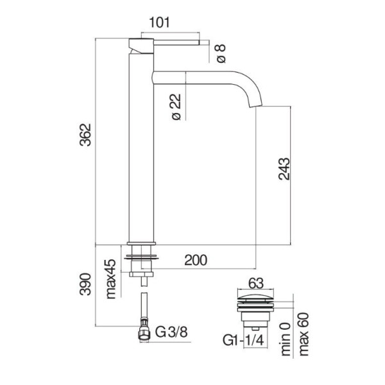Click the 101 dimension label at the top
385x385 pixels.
pyautogui.click(x=159, y=22)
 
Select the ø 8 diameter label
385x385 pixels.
pyautogui.click(x=221, y=54)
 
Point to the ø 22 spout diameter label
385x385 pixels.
pyautogui.click(x=176, y=107)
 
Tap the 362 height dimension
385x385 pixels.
pyautogui.click(x=85, y=135)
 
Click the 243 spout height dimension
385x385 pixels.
pyautogui.click(x=284, y=169)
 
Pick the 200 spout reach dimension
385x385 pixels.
pyautogui.click(x=196, y=261)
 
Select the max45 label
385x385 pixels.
pyautogui.click(x=111, y=279)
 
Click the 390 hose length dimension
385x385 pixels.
pyautogui.click(x=85, y=284)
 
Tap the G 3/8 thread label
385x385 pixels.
pyautogui.click(x=171, y=332)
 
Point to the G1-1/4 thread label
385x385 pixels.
pyautogui.click(x=243, y=341)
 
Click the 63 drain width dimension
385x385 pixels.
pyautogui.click(x=255, y=284)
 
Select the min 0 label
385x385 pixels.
pyautogui.click(x=286, y=339)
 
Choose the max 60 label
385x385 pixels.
pyautogui.click(x=304, y=334)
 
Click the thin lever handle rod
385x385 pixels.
pyautogui.click(x=176, y=42)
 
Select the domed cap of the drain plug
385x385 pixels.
pyautogui.click(x=255, y=297)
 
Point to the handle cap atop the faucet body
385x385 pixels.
pyautogui.click(x=141, y=46)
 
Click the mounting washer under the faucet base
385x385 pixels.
pyautogui.click(x=141, y=257)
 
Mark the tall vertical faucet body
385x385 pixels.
pyautogui.click(x=141, y=148)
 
